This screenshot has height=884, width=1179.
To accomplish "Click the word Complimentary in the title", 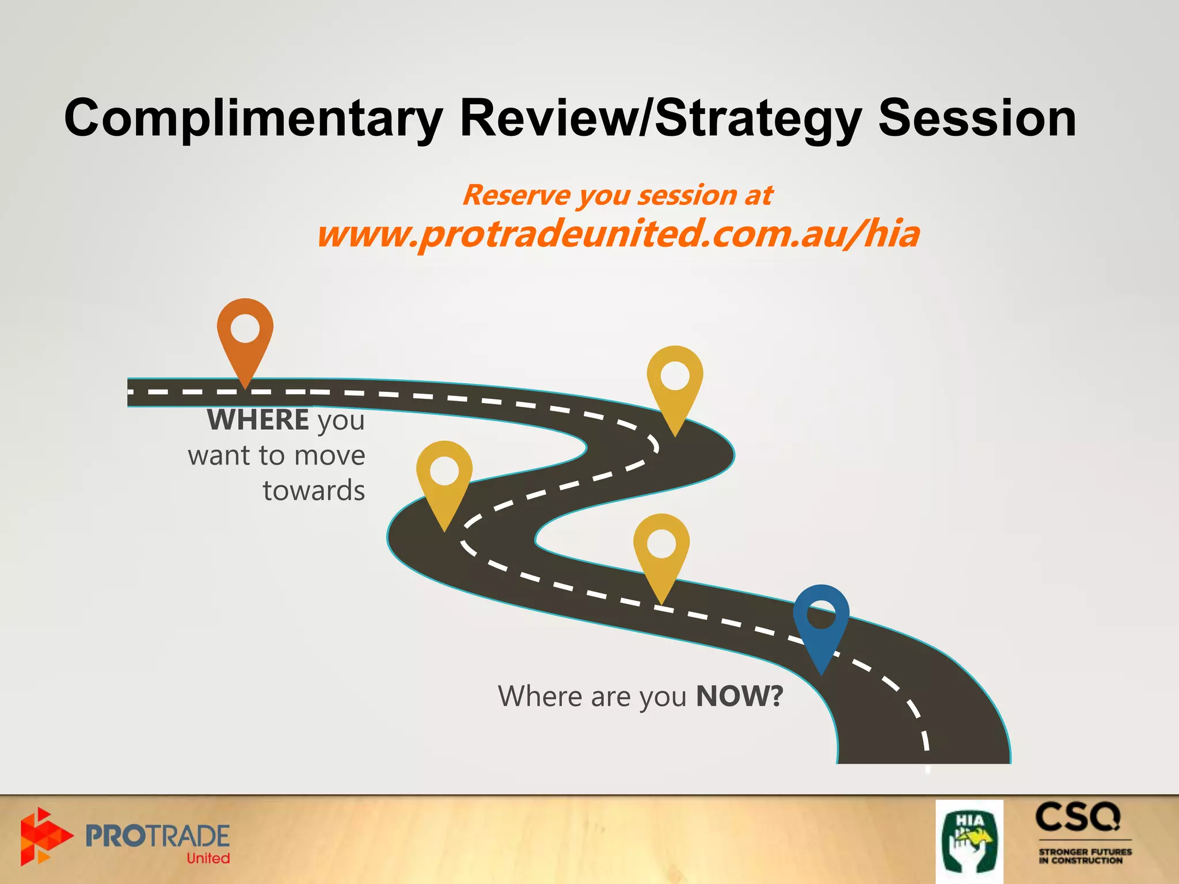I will [x=253, y=118].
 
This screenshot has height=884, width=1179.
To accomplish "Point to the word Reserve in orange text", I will [x=516, y=195].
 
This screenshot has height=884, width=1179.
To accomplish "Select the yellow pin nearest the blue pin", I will [x=661, y=552].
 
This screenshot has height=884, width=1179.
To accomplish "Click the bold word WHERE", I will [x=258, y=420].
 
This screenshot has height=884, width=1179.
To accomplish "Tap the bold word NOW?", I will [x=740, y=696].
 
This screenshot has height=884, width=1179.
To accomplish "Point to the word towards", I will [x=314, y=491].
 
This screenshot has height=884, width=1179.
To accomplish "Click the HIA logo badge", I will [x=969, y=841].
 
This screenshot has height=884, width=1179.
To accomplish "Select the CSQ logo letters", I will [x=1078, y=817].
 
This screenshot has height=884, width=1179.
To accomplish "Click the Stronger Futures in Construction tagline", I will [x=1085, y=856].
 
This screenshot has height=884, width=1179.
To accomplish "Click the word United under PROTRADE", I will [x=208, y=858].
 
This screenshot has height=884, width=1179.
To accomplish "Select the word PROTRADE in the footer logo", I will [x=157, y=836].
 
